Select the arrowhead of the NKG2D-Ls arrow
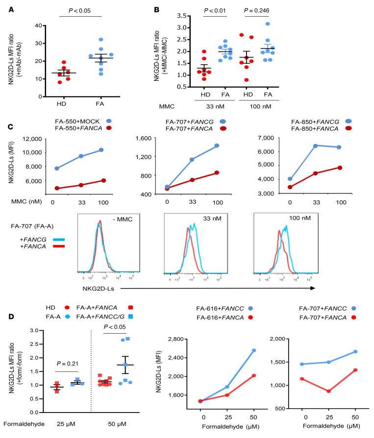click(x=311, y=288)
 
